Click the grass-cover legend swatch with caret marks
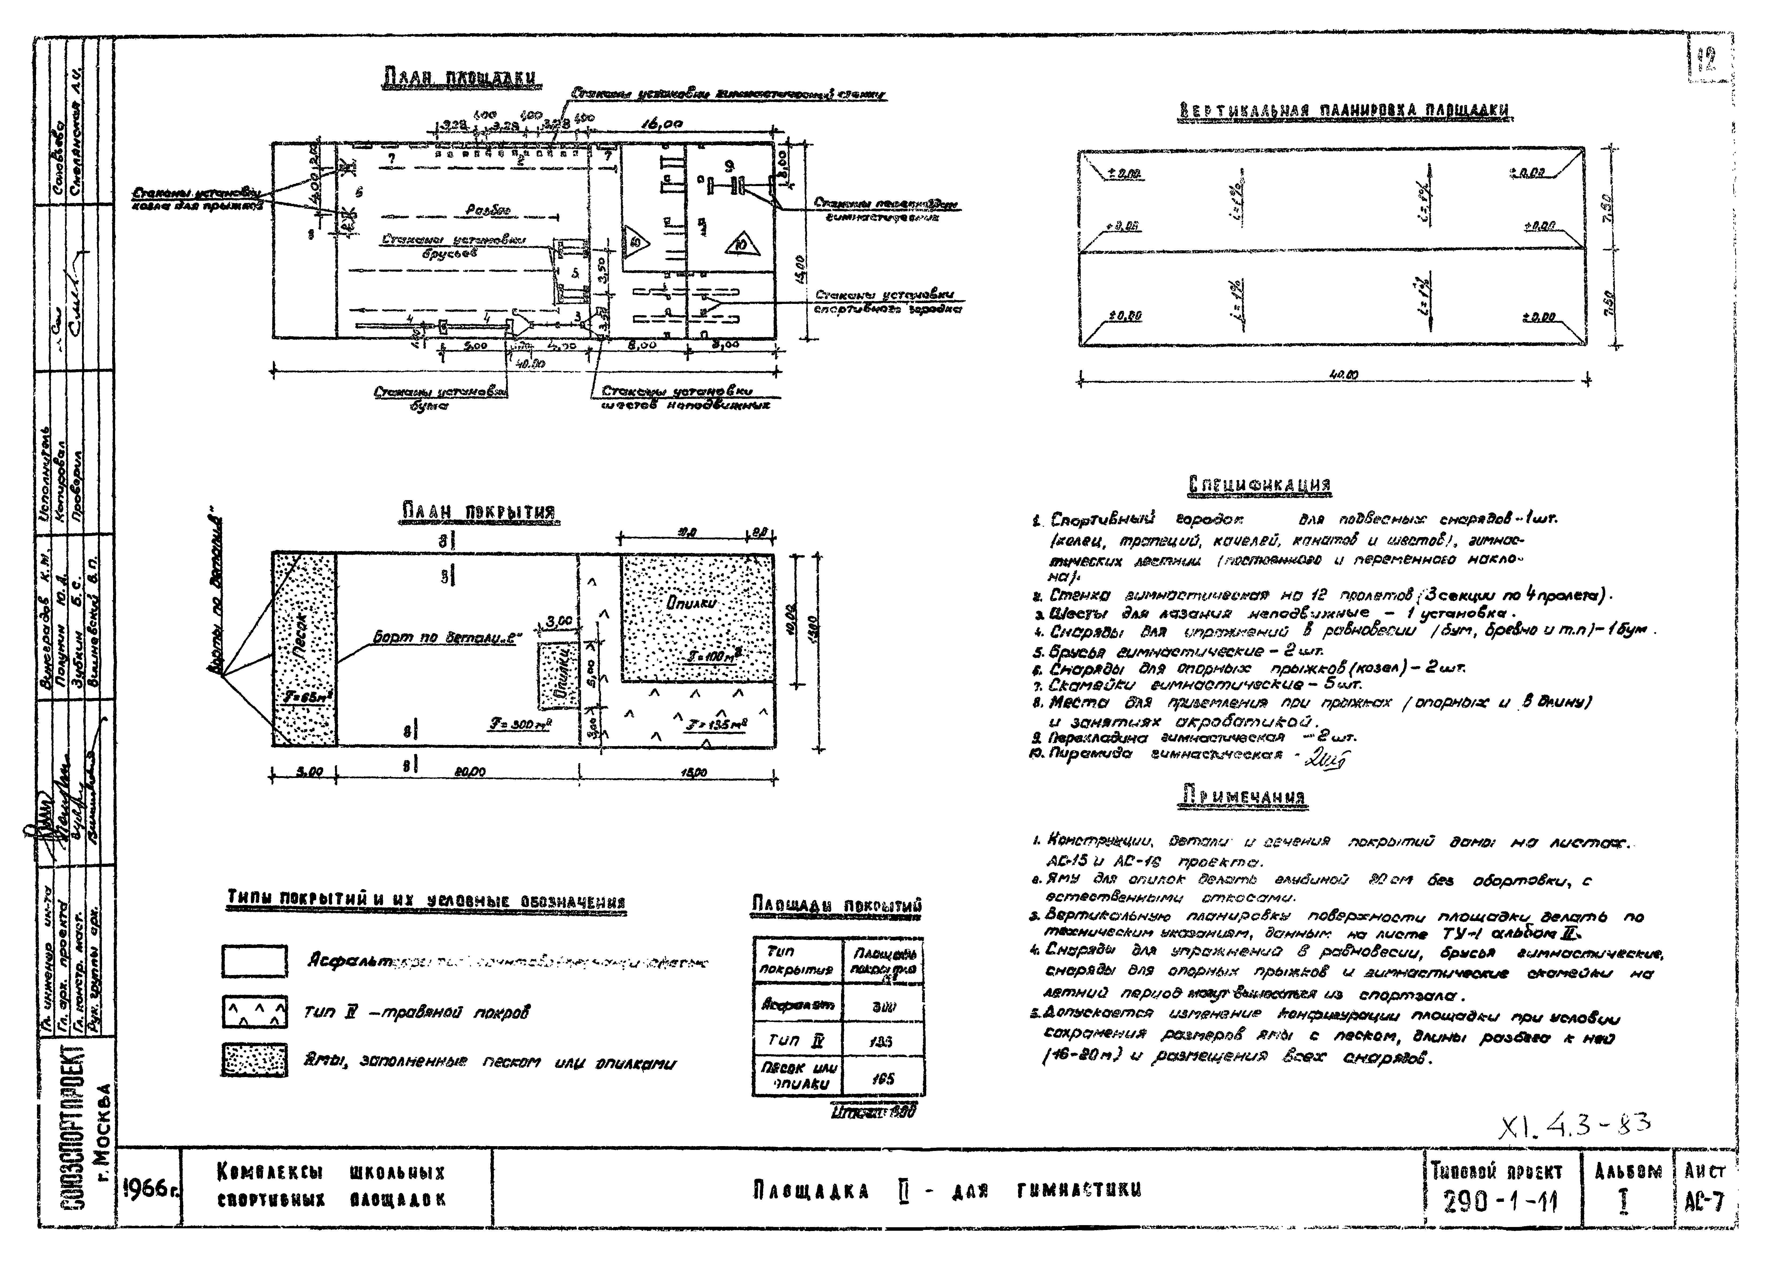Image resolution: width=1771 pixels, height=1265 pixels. tap(254, 1013)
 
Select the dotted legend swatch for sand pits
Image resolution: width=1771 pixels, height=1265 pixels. tap(254, 1061)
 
